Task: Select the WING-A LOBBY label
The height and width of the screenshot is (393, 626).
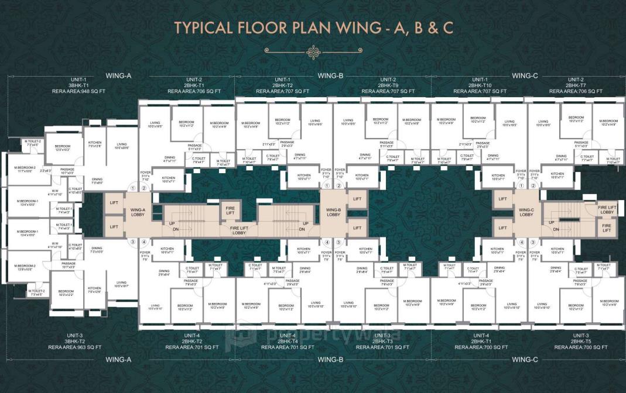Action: click(138, 212)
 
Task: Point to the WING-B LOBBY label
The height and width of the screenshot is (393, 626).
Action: click(333, 212)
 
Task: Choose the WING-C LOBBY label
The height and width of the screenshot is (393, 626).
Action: click(526, 212)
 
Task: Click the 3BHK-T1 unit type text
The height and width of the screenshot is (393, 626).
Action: click(78, 85)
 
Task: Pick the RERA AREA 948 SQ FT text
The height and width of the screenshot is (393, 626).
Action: click(78, 92)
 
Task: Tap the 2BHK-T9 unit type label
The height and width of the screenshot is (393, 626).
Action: click(388, 85)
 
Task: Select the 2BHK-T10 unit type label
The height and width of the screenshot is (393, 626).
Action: click(480, 85)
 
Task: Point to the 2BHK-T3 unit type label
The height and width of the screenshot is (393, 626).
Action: click(387, 341)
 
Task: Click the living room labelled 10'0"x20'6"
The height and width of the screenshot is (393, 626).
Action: click(121, 146)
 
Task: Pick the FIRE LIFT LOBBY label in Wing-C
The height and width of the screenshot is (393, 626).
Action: click(606, 209)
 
